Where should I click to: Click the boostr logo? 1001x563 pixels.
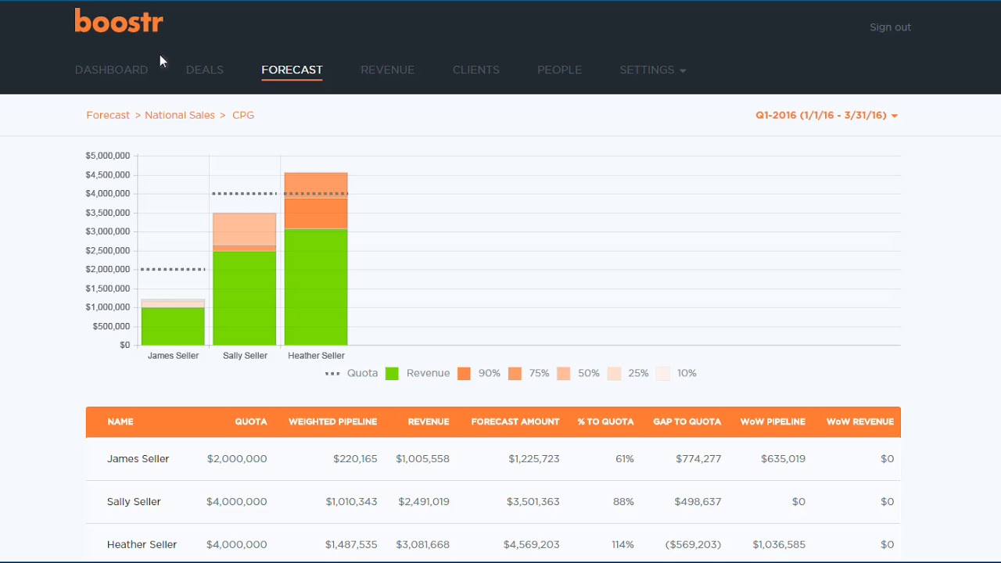119,21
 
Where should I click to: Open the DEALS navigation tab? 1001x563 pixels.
205,70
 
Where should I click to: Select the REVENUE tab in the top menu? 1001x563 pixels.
387,70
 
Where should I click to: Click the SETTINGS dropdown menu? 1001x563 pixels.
652,70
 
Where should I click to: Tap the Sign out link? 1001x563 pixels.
890,27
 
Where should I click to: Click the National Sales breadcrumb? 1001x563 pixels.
179,115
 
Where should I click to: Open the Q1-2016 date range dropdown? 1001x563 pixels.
826,115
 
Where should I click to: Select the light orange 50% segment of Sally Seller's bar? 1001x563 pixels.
245,229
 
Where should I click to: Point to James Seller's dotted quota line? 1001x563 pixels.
173,269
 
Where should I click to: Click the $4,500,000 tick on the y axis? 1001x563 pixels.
108,174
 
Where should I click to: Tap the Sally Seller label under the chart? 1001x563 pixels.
245,356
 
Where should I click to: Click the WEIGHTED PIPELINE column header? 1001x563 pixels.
332,421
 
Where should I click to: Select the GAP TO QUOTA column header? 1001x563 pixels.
687,421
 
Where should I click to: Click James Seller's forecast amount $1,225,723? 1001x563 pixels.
533,459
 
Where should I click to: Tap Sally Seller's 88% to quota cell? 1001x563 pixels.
623,501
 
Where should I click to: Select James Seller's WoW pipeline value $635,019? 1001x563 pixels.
782,459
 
